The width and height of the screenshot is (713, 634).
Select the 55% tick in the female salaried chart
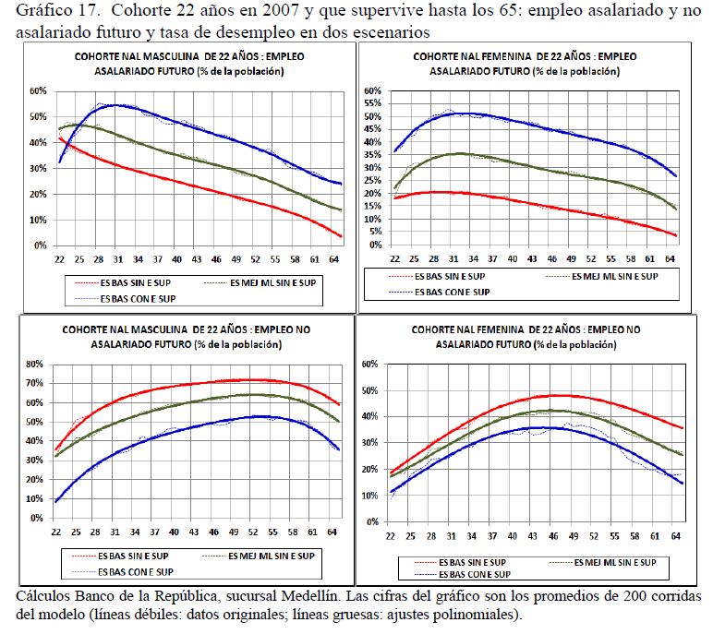point(372,103)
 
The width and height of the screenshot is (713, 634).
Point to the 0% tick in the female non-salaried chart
point(374,521)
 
